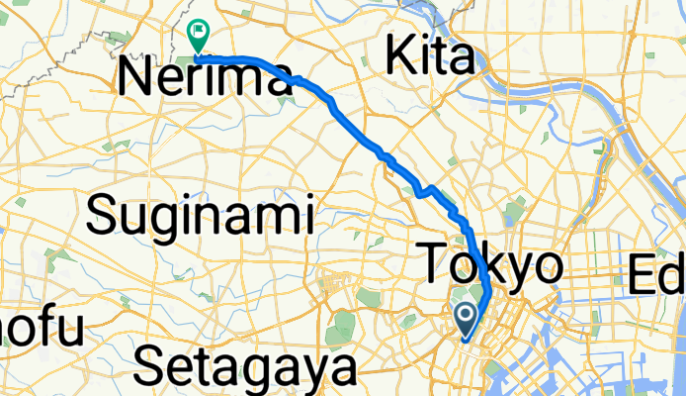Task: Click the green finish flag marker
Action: (198, 36)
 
